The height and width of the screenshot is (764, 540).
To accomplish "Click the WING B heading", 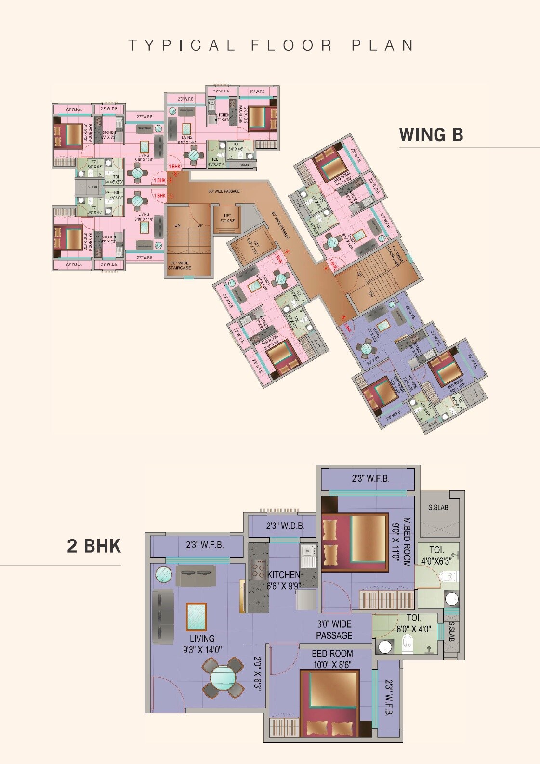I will point(431,135).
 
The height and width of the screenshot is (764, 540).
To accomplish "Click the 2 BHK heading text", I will point(94,546).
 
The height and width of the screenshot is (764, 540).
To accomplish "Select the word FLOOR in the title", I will point(291,45).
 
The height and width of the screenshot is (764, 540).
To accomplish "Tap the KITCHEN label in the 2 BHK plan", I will point(284,575).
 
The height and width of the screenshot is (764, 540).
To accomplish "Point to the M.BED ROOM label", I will point(407,542).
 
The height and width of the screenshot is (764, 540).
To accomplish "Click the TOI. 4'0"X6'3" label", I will point(436,555).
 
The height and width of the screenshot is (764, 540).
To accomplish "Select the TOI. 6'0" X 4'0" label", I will point(414,623).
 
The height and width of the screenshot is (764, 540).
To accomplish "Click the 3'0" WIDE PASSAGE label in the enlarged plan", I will point(334,630).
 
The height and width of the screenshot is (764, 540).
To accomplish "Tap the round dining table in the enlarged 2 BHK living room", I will point(223,678).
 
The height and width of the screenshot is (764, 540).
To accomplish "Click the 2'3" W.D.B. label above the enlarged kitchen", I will point(286,526).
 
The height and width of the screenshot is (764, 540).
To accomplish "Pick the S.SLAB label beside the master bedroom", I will point(438,507).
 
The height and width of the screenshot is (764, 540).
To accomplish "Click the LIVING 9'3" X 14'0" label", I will point(202,644).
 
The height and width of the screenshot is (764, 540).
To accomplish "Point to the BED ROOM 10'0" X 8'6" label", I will point(332,659).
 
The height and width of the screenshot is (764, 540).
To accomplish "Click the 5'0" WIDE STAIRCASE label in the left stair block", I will point(179,265).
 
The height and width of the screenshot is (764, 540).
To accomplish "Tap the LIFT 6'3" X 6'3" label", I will point(227,218).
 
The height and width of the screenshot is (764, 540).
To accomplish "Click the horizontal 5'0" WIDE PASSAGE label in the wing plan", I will point(224,191).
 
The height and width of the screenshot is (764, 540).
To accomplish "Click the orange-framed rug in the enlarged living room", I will point(196,616).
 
